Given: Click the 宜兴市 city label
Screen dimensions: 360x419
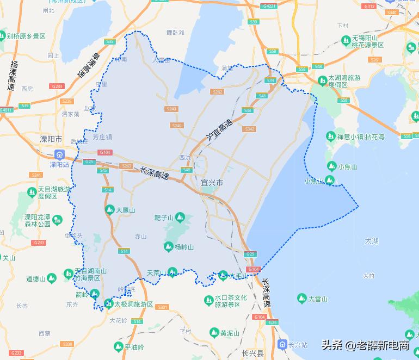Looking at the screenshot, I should tap(212, 183).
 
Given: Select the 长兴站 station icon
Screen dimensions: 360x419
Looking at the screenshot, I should tap(282, 344).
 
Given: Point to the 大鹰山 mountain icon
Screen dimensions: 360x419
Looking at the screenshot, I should tap(109, 209).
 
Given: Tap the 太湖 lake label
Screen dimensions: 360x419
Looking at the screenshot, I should tap(372, 240).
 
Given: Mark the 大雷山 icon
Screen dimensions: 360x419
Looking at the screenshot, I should tap(302, 299).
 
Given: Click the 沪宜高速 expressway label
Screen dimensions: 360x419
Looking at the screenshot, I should tap(219, 131).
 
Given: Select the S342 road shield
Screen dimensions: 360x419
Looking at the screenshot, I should tap(250, 129).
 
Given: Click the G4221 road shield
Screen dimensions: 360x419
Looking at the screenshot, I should tap(269, 7).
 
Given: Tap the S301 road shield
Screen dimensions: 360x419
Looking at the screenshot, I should tap(162, 307).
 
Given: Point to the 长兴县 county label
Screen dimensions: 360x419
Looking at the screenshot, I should tap(252, 353).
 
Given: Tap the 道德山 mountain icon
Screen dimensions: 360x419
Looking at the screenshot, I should tap(52, 279).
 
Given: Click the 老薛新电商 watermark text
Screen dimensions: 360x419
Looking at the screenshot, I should tap(383, 345).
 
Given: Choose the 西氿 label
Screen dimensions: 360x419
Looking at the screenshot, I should tap(185, 158).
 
